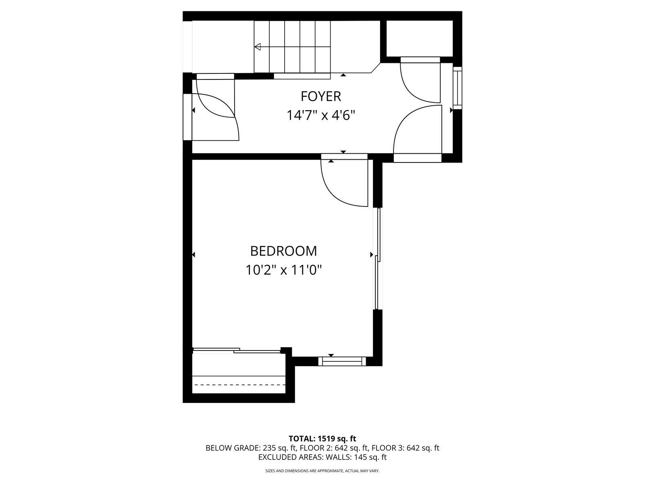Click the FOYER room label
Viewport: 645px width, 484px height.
[x=320, y=96]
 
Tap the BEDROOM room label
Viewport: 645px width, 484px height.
[x=283, y=251]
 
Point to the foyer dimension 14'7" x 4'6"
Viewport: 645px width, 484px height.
[x=321, y=115]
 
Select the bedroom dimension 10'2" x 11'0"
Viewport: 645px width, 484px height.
[x=283, y=270]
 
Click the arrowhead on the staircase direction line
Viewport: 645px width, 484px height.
[x=258, y=47]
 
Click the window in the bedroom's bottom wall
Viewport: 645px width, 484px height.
[x=342, y=361]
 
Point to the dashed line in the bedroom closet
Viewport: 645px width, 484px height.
[x=239, y=385]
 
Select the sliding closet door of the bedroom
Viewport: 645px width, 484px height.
[x=237, y=350]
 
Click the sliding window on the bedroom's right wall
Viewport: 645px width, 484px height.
[x=378, y=259]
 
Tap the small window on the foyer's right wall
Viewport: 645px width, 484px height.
[x=457, y=88]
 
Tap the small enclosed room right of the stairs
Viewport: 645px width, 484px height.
[x=419, y=38]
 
